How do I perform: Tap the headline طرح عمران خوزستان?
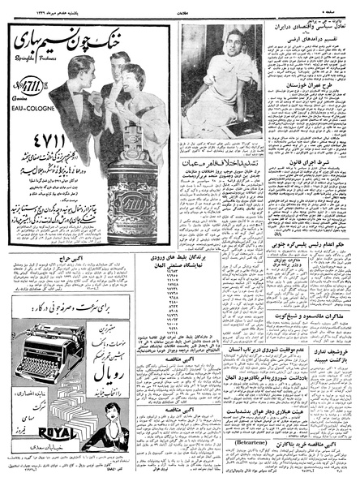[x=310, y=107]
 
